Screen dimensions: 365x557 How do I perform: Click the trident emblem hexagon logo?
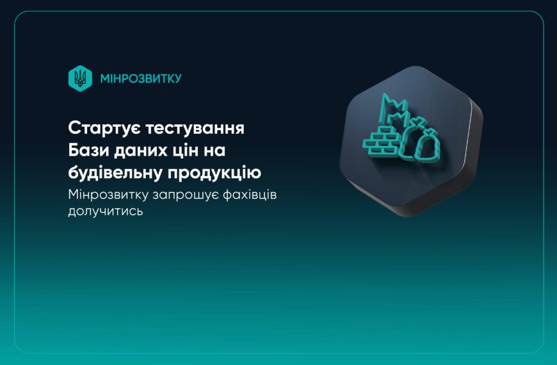point(80,78)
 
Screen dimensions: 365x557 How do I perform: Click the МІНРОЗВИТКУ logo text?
point(141,78)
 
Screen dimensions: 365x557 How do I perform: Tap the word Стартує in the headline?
point(104,127)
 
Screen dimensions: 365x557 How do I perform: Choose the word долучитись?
point(105,211)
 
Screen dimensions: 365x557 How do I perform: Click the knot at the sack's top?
point(419,123)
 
